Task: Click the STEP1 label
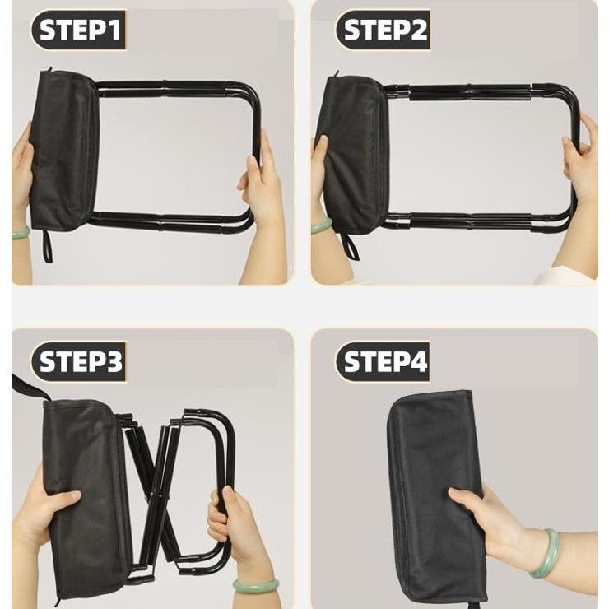click(79, 30)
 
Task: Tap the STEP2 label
click(384, 30)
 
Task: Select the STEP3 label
click(79, 361)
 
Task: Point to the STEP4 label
click(384, 361)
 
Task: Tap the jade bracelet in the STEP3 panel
click(256, 585)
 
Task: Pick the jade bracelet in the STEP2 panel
click(321, 226)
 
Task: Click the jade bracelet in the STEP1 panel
click(21, 233)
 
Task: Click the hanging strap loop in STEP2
click(350, 247)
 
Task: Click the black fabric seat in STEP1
click(64, 150)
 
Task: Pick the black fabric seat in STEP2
click(354, 155)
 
